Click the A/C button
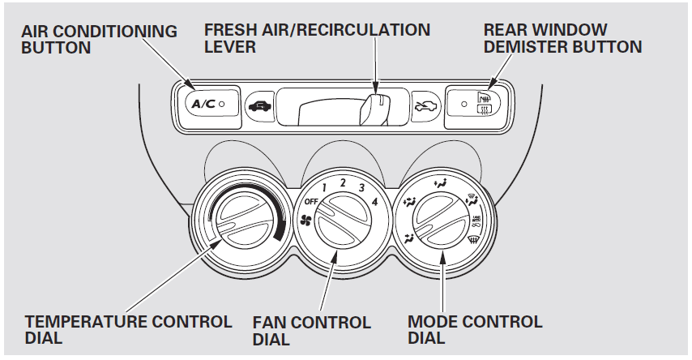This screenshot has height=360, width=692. point(203,105)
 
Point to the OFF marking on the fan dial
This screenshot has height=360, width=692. point(311,200)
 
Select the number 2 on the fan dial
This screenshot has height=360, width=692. point(344,182)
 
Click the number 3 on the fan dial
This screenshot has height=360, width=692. point(362,188)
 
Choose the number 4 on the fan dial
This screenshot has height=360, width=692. point(374,200)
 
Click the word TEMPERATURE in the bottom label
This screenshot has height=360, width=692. point(80,322)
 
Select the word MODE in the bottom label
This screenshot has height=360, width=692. point(432,322)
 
